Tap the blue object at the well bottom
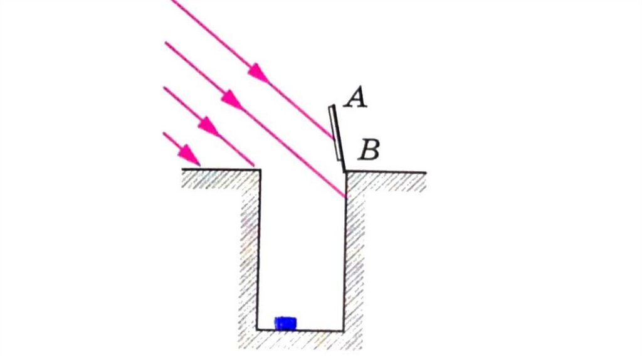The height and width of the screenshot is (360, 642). [x=286, y=323]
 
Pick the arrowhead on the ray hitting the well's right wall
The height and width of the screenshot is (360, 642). [x=231, y=99]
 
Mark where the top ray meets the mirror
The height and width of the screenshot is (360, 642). [x=333, y=137]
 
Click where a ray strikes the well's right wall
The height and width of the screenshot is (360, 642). [x=345, y=197]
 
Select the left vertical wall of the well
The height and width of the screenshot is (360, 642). [x=258, y=251]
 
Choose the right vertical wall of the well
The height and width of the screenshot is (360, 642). [x=345, y=263]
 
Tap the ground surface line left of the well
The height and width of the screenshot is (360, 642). [x=219, y=169]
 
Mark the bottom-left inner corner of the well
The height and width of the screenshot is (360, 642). [x=258, y=329]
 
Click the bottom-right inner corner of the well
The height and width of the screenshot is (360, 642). [x=344, y=329]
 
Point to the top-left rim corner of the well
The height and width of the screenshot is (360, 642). [x=259, y=169]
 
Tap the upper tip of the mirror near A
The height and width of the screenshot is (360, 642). [x=331, y=107]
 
